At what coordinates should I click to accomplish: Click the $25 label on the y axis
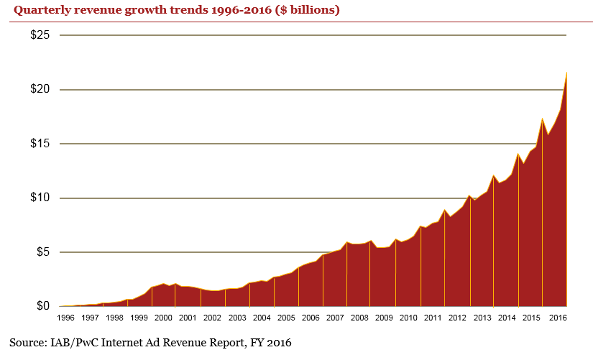[x=39, y=35]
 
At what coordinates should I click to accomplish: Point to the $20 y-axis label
[x=39, y=90]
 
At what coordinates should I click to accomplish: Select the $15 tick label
[x=39, y=144]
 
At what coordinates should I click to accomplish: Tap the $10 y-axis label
[x=39, y=198]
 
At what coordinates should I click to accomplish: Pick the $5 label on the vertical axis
[x=42, y=252]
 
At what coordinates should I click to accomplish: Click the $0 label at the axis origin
[x=42, y=306]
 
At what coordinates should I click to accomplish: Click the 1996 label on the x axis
[x=66, y=318]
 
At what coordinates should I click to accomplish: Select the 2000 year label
[x=163, y=318]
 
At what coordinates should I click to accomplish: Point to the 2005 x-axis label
[x=285, y=318]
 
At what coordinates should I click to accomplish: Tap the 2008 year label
[x=359, y=318]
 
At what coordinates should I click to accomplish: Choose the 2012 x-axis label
[x=457, y=318]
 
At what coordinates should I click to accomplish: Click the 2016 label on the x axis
[x=555, y=318]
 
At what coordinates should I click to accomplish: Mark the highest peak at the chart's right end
[x=566, y=72]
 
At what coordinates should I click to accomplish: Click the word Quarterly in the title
[x=39, y=10]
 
